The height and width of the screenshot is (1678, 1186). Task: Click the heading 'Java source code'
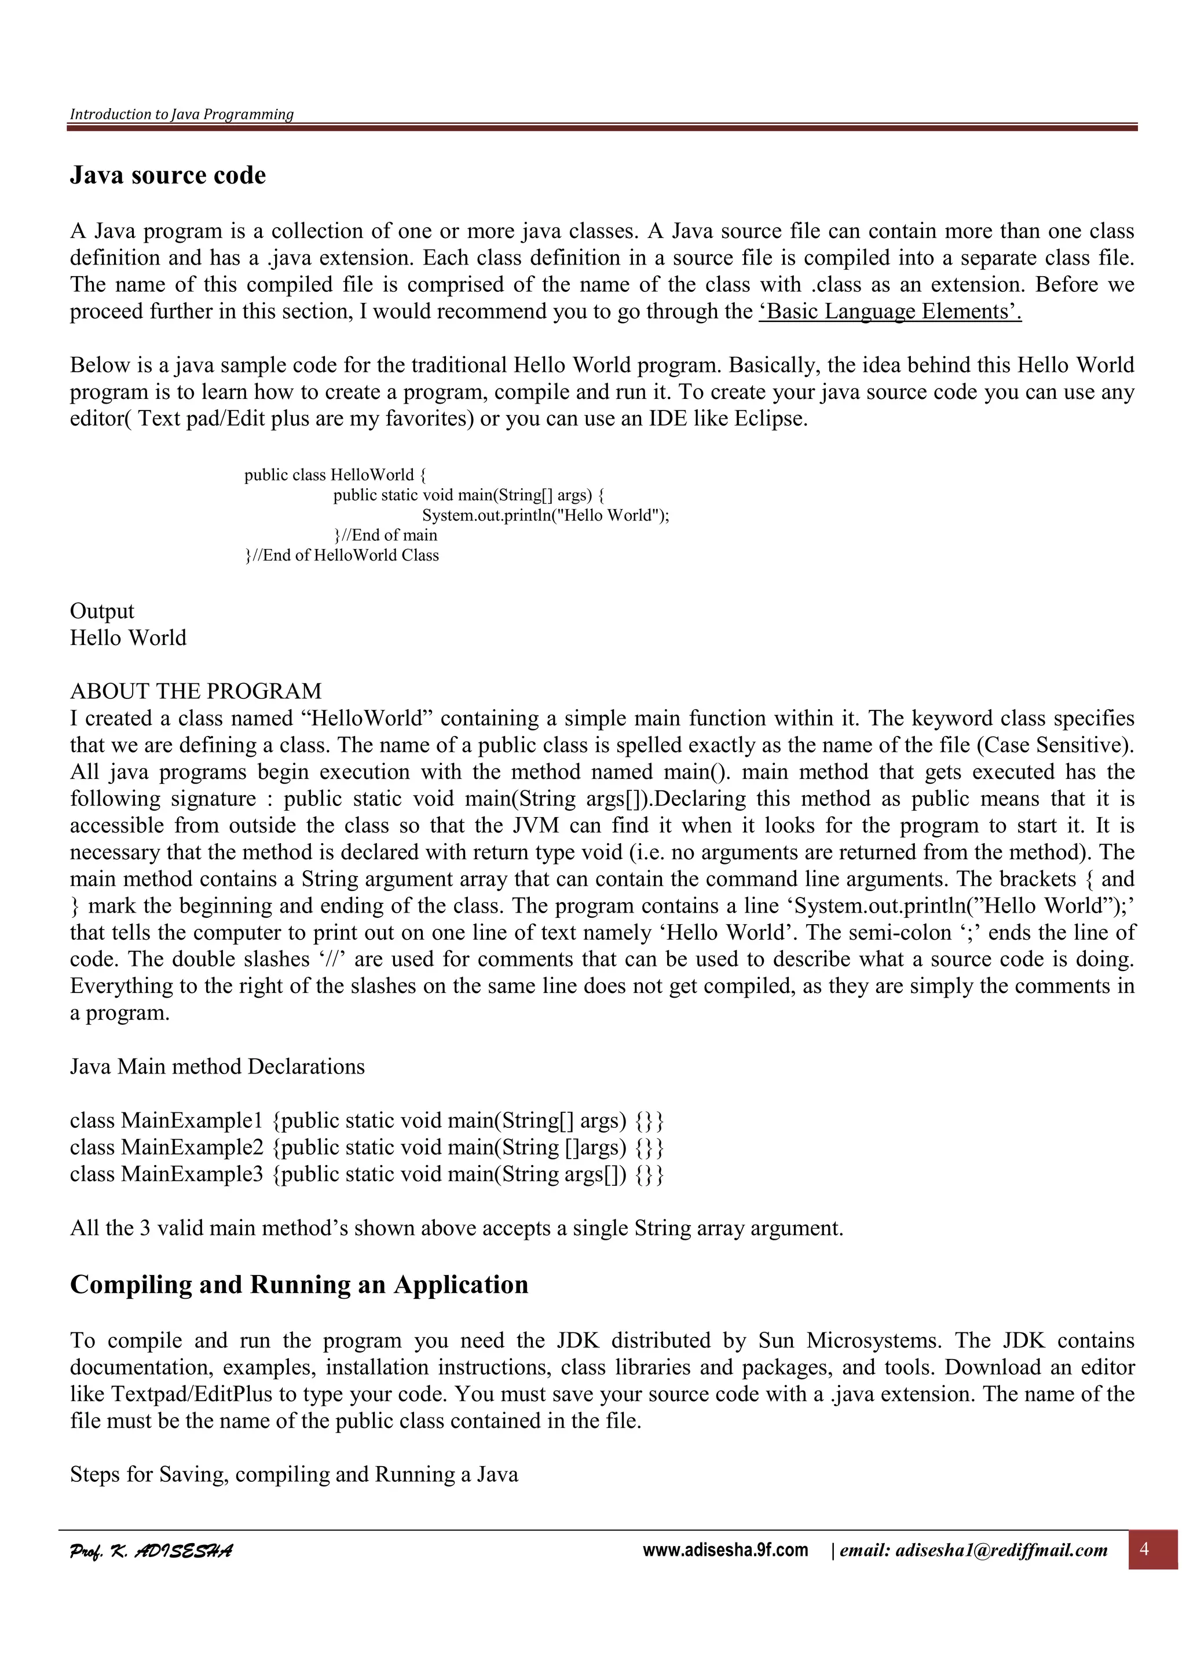(167, 175)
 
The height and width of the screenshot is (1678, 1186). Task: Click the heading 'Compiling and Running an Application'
(299, 1284)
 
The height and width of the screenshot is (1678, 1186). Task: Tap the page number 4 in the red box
(1144, 1549)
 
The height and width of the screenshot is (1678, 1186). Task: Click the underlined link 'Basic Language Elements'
(889, 312)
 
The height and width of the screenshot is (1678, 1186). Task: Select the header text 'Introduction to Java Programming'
(181, 114)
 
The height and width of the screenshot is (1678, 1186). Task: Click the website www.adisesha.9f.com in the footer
(725, 1549)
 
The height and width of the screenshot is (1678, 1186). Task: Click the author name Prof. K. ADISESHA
(151, 1550)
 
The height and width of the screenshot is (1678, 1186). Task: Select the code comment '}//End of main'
(385, 535)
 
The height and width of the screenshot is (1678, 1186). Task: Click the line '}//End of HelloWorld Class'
(341, 555)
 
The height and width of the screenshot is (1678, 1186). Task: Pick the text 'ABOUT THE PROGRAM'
(195, 691)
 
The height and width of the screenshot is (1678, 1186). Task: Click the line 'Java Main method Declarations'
(217, 1067)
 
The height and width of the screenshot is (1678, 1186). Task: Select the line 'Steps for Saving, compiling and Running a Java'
(294, 1474)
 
